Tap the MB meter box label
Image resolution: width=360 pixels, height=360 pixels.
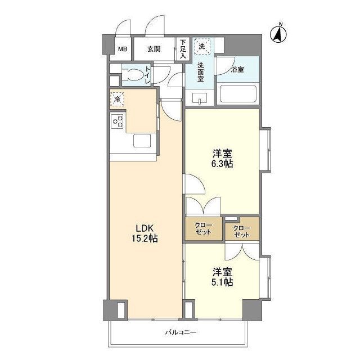click(122, 49)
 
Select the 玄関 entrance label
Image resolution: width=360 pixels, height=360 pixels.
click(154, 49)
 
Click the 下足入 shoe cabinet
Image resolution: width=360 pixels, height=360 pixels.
click(183, 49)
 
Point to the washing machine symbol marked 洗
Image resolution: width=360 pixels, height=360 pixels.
click(201, 45)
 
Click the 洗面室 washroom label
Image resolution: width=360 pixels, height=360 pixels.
click(201, 72)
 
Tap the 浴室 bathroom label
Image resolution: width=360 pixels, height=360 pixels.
click(237, 70)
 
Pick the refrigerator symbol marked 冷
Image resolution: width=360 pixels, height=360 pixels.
click(116, 100)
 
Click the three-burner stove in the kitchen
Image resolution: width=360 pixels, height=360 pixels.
click(118, 121)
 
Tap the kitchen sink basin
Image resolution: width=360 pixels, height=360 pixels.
click(142, 141)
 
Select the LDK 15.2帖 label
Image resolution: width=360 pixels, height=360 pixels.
click(146, 233)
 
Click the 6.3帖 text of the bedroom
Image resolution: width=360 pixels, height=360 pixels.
click(223, 164)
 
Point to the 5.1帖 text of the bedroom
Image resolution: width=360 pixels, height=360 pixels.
click(223, 283)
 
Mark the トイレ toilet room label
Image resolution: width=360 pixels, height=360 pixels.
click(147, 75)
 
